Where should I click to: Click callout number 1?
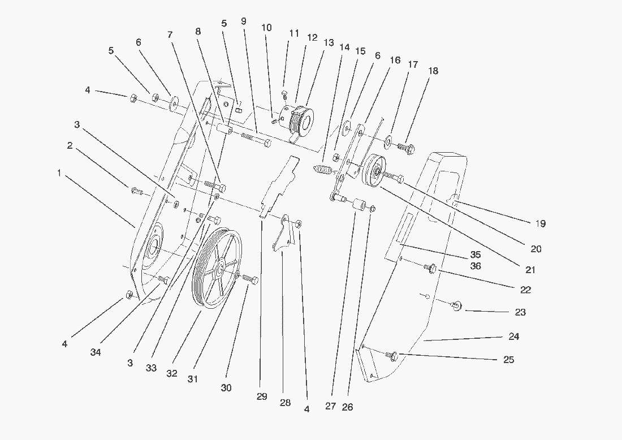(59, 173)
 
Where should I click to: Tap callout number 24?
(513, 337)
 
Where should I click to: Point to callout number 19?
(540, 223)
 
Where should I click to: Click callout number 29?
(261, 397)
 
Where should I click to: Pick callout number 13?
(329, 43)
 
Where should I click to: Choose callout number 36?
(476, 266)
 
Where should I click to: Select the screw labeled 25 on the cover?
(391, 355)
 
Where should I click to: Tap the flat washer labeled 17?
(390, 140)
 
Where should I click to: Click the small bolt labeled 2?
(137, 191)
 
